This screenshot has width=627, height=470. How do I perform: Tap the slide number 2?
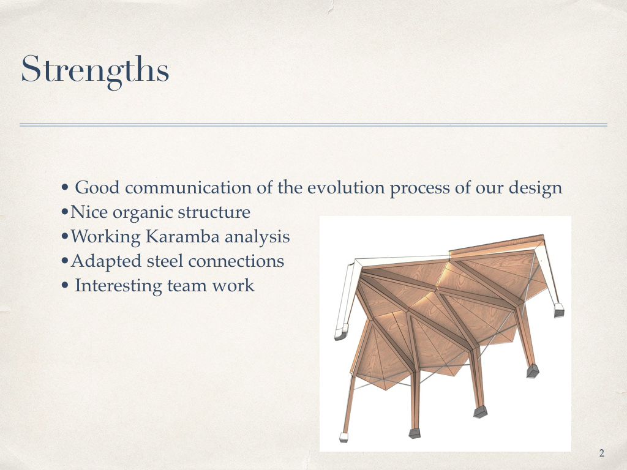(602, 453)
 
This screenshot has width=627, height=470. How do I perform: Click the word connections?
(236, 261)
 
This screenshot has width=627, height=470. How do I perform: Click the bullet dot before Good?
(65, 188)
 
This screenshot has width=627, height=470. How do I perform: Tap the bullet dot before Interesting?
(65, 286)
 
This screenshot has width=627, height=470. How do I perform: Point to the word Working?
(105, 237)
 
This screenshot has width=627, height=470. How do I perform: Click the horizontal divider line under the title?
(313, 125)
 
